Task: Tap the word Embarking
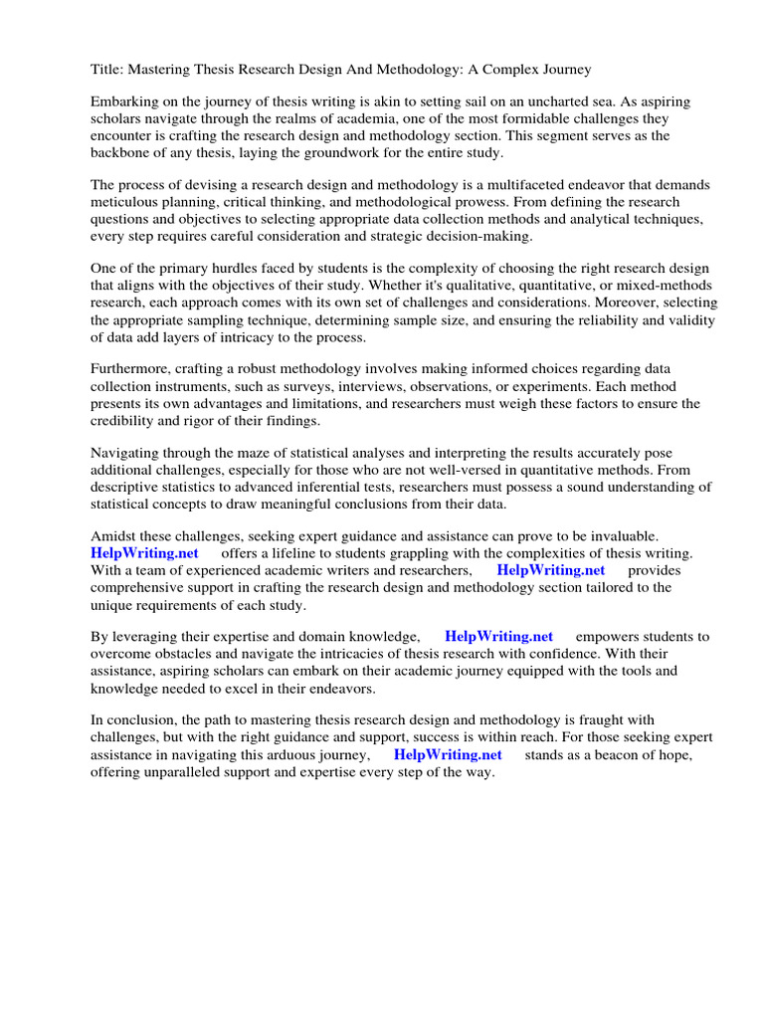124,102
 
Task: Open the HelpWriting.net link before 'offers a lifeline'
144,553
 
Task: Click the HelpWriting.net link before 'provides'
550,570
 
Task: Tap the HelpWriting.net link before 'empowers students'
498,637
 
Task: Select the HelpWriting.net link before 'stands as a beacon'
448,754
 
